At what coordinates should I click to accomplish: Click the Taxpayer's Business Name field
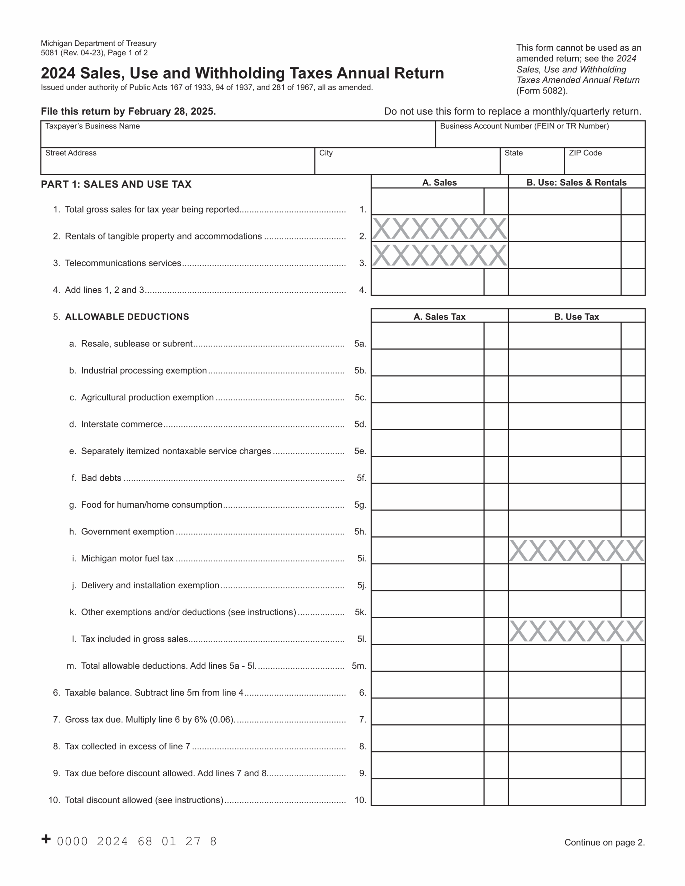click(x=238, y=138)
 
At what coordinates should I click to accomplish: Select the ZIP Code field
click(x=604, y=164)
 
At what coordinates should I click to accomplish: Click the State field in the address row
click(x=532, y=164)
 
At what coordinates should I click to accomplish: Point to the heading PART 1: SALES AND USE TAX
click(x=116, y=184)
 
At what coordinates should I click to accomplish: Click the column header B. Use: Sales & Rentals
click(x=576, y=182)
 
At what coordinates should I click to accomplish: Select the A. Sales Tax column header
click(x=439, y=317)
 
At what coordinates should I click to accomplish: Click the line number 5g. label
click(x=360, y=505)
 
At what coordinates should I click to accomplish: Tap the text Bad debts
click(x=101, y=478)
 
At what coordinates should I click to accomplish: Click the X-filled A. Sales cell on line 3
click(x=439, y=255)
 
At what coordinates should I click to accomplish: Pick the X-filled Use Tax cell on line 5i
click(x=576, y=551)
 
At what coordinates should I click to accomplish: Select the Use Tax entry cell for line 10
click(x=564, y=792)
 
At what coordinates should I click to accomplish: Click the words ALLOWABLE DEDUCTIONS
click(x=127, y=317)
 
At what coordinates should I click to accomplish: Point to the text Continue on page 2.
click(x=604, y=843)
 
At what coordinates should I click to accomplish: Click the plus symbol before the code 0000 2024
click(x=46, y=839)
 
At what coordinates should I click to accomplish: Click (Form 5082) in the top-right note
click(x=542, y=91)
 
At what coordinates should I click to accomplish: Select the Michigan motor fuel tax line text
click(x=127, y=559)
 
